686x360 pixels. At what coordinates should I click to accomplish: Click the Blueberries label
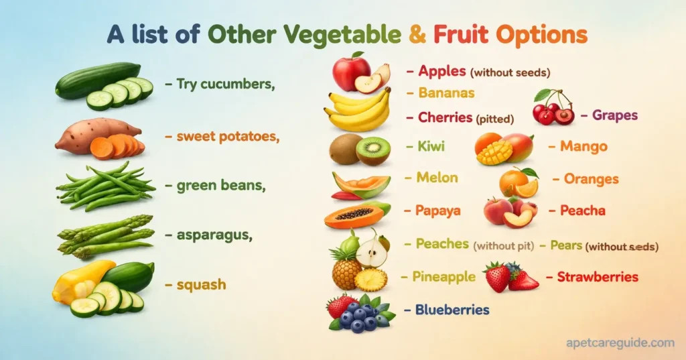tap(452, 310)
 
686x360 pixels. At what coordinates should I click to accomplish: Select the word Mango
tap(584, 146)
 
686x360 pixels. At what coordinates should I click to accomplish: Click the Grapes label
tap(614, 115)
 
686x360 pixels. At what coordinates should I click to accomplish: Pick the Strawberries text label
tap(598, 276)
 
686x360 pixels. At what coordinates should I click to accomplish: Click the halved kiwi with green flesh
tap(373, 150)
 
